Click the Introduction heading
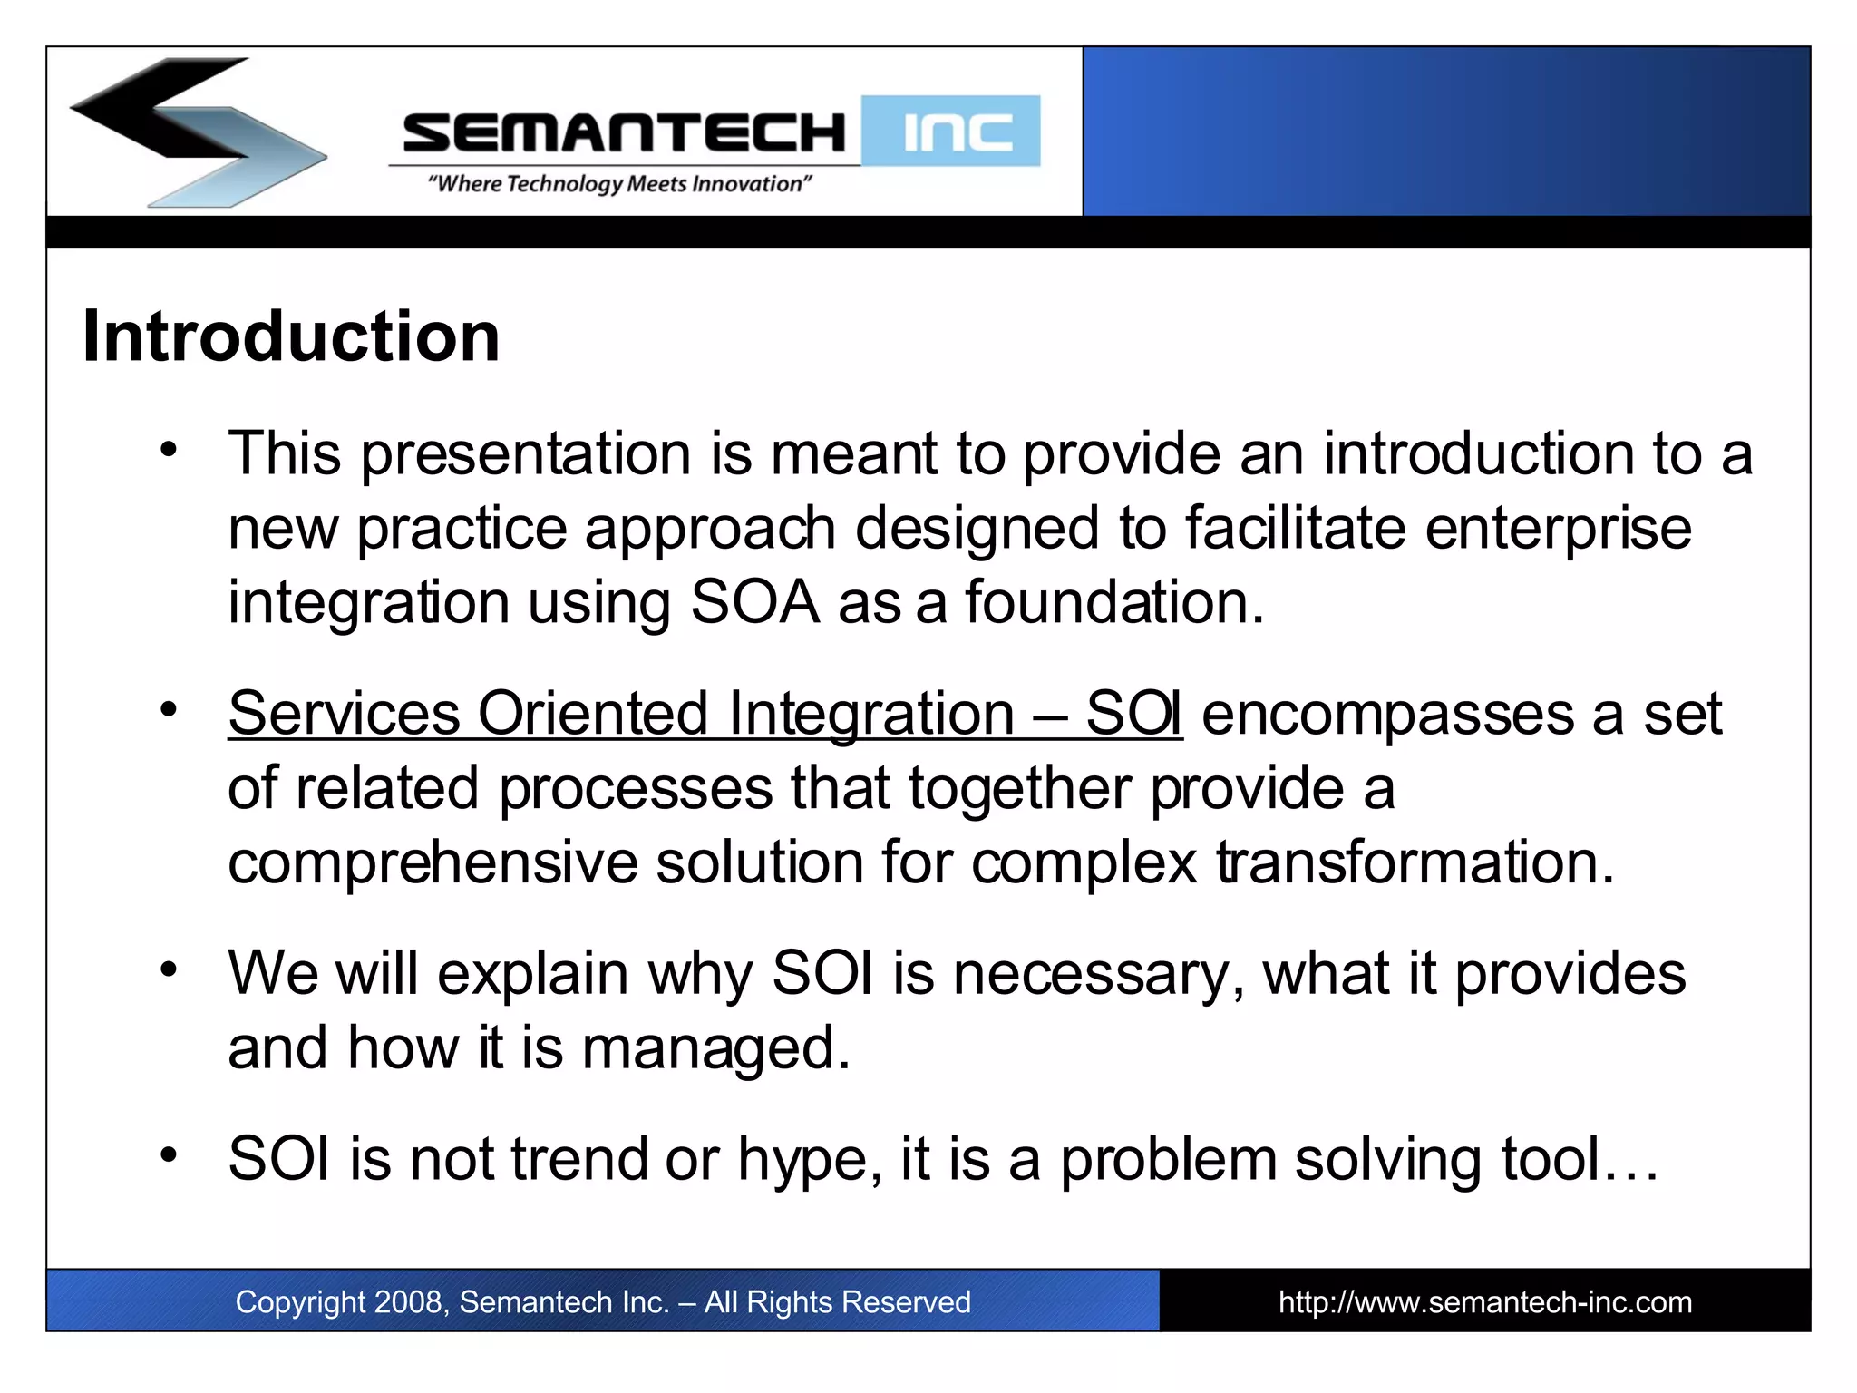290,337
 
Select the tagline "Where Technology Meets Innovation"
619,184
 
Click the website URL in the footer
1484,1302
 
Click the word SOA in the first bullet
754,602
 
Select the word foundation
1113,602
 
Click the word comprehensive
433,862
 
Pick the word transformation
1415,862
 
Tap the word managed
715,1049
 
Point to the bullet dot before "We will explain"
169,969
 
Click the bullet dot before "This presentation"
169,449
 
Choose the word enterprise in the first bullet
1557,529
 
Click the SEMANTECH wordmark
624,132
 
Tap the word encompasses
1387,714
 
